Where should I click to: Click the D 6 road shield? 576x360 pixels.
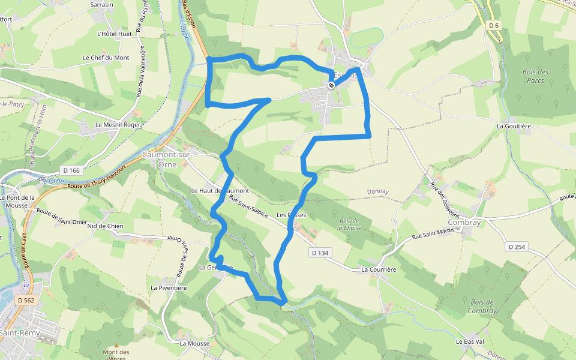pyautogui.click(x=494, y=25)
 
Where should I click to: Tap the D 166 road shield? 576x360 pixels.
pyautogui.click(x=71, y=171)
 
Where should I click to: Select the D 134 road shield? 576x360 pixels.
pyautogui.click(x=320, y=253)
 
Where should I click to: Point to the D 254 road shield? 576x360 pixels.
pyautogui.click(x=516, y=247)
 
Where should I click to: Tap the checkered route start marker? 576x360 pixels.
pyautogui.click(x=331, y=85)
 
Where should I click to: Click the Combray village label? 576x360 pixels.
pyautogui.click(x=464, y=222)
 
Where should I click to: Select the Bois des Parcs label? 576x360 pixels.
pyautogui.click(x=535, y=76)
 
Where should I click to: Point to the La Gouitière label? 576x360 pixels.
pyautogui.click(x=514, y=127)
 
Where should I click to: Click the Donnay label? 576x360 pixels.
pyautogui.click(x=378, y=192)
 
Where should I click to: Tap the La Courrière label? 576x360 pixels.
pyautogui.click(x=379, y=270)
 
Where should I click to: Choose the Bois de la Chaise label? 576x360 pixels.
pyautogui.click(x=348, y=224)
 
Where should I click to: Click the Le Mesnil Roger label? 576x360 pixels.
pyautogui.click(x=118, y=125)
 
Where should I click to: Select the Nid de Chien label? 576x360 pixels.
pyautogui.click(x=105, y=226)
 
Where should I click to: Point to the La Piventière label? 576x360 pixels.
pyautogui.click(x=169, y=288)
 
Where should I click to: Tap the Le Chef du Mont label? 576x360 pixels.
pyautogui.click(x=106, y=58)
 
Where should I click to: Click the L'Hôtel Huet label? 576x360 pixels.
pyautogui.click(x=114, y=34)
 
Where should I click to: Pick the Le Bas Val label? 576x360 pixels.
pyautogui.click(x=469, y=341)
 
